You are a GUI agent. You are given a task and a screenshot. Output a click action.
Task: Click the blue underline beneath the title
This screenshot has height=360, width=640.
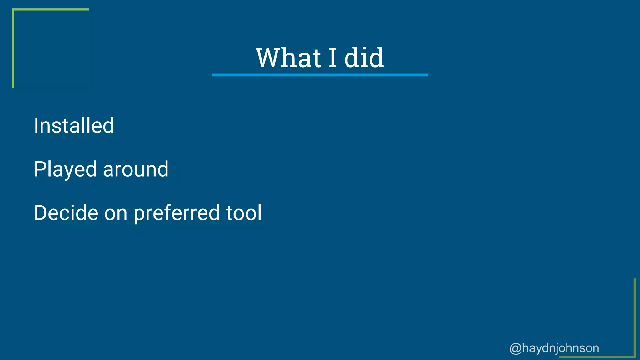(320, 75)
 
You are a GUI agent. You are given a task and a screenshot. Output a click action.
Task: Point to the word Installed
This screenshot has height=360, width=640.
(74, 126)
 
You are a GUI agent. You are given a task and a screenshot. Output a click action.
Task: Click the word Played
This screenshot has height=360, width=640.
(65, 169)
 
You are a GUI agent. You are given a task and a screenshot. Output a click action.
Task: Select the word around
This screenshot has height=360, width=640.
(136, 169)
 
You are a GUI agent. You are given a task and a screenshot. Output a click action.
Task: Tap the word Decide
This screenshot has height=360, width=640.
(66, 213)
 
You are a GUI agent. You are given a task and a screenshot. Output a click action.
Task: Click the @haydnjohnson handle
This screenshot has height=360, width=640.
(554, 348)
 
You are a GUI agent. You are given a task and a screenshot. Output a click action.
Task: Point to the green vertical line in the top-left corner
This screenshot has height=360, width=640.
(13, 48)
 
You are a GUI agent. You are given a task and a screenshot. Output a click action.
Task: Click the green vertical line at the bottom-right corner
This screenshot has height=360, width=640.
(635, 317)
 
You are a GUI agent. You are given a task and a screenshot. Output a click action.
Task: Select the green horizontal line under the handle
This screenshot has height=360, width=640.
(597, 357)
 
